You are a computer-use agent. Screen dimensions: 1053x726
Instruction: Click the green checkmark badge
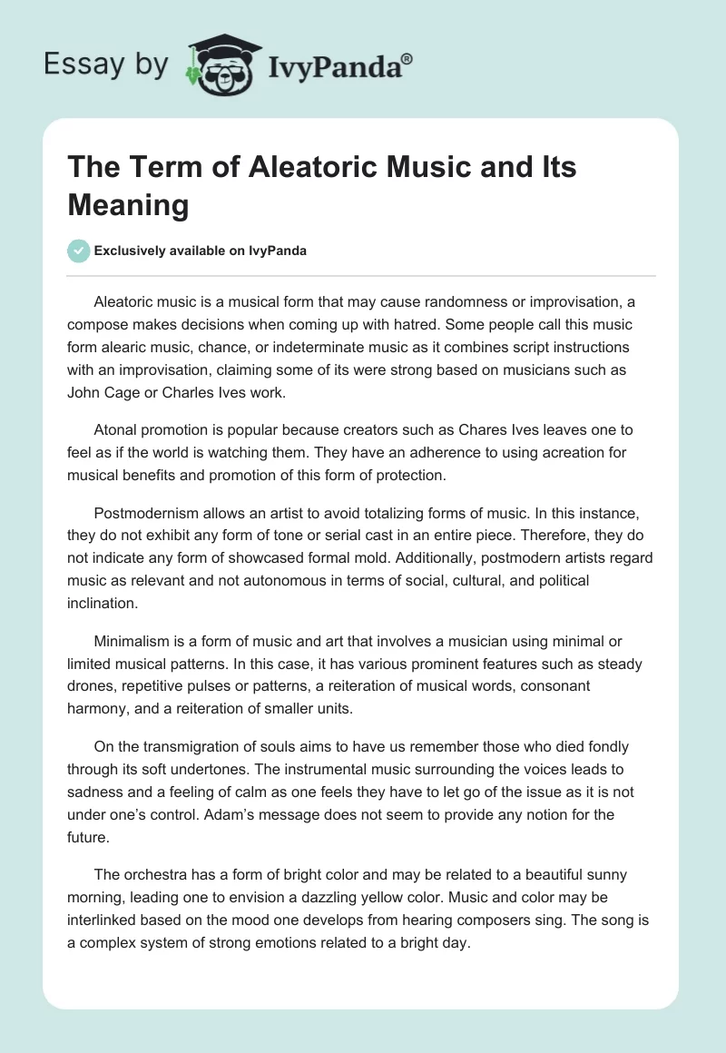pyautogui.click(x=79, y=251)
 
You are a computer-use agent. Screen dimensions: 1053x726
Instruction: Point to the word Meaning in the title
pyautogui.click(x=128, y=205)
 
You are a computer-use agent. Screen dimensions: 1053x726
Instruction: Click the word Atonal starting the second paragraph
pyautogui.click(x=117, y=429)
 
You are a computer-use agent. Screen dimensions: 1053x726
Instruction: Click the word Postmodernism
pyautogui.click(x=149, y=511)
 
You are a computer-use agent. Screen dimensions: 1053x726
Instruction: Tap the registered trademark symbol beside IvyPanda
pyautogui.click(x=407, y=59)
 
